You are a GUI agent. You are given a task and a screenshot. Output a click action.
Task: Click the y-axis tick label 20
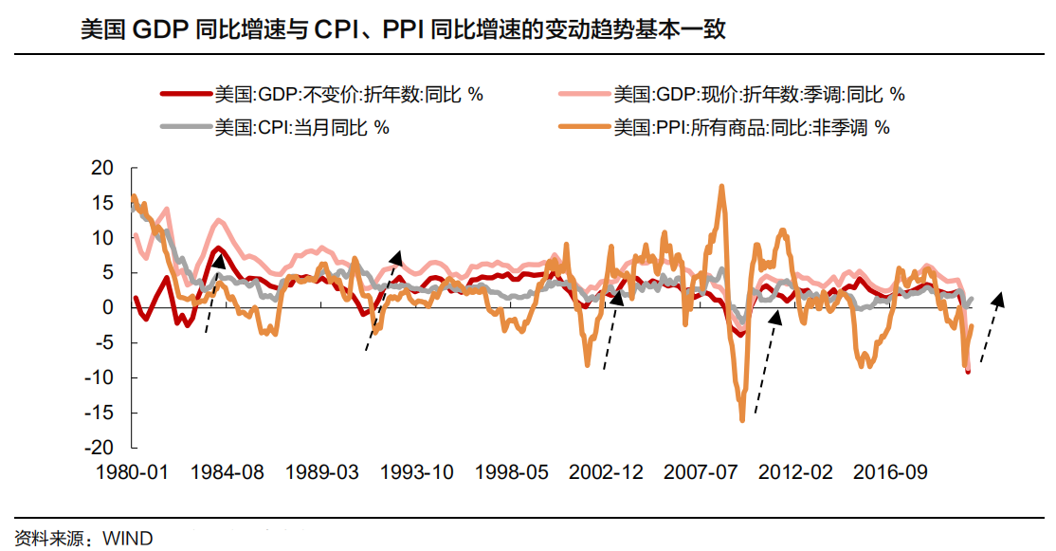click(102, 168)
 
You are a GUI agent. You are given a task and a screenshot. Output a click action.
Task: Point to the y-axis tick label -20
click(99, 448)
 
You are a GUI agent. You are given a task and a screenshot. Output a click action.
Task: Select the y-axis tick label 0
click(108, 308)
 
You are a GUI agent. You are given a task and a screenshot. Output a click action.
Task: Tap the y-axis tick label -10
click(99, 377)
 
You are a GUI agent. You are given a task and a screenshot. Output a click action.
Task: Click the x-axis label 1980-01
click(132, 471)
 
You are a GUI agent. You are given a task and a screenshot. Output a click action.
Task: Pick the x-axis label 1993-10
click(417, 471)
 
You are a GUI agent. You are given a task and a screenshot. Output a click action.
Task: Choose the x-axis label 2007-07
click(701, 471)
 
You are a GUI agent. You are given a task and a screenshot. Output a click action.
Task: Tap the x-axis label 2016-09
click(890, 471)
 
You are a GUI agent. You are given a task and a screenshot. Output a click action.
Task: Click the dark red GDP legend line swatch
click(187, 94)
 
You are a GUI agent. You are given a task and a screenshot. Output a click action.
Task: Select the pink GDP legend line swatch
click(585, 94)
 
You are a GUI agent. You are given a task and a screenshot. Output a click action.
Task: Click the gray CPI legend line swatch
click(187, 127)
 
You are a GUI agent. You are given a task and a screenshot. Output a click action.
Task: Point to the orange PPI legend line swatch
click(585, 127)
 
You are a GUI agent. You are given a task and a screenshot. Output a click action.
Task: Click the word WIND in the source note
click(127, 539)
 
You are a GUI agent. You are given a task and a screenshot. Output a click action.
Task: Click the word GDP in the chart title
click(161, 29)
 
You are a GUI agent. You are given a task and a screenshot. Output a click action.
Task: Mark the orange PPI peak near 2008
click(721, 186)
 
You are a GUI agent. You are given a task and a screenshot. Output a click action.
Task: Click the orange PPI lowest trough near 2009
click(742, 419)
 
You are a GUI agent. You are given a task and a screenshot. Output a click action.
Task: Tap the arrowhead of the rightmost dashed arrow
click(999, 299)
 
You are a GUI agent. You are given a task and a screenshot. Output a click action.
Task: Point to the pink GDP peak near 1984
click(218, 220)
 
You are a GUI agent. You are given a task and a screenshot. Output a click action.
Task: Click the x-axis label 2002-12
click(606, 471)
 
